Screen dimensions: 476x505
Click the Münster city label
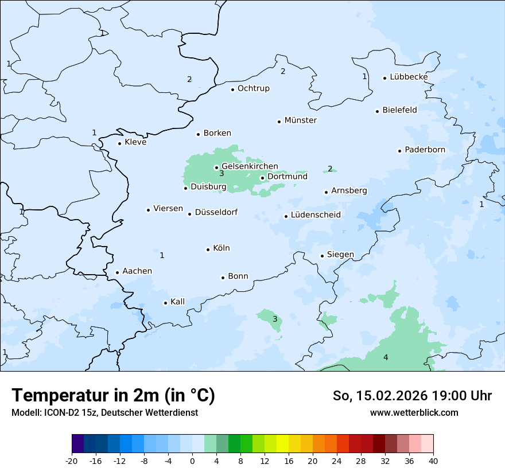300,120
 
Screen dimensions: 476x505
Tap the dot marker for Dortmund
262,178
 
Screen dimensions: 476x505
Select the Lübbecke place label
409,77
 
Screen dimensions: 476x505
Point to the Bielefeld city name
399,110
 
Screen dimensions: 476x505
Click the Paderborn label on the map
425,150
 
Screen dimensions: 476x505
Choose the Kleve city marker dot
119,143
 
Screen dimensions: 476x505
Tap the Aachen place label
137,271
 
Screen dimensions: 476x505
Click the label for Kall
177,302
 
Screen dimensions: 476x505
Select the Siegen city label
340,255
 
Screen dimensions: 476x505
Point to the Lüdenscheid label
316,215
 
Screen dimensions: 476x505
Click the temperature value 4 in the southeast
386,358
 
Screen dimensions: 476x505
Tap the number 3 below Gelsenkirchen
222,174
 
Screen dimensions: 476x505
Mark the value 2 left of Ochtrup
189,80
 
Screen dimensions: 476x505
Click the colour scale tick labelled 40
433,461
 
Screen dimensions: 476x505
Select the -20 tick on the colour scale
72,461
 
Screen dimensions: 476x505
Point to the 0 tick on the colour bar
192,461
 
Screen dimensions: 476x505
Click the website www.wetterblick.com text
414,412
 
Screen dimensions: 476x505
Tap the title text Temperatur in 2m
113,395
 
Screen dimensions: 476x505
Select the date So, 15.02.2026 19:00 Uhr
412,396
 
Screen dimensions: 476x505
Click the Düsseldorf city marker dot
189,214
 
